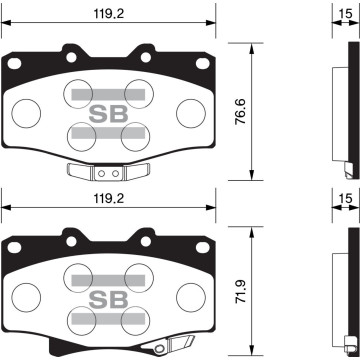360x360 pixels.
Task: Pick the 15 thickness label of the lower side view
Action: [x=344, y=197]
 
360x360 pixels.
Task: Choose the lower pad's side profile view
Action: [x=343, y=285]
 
